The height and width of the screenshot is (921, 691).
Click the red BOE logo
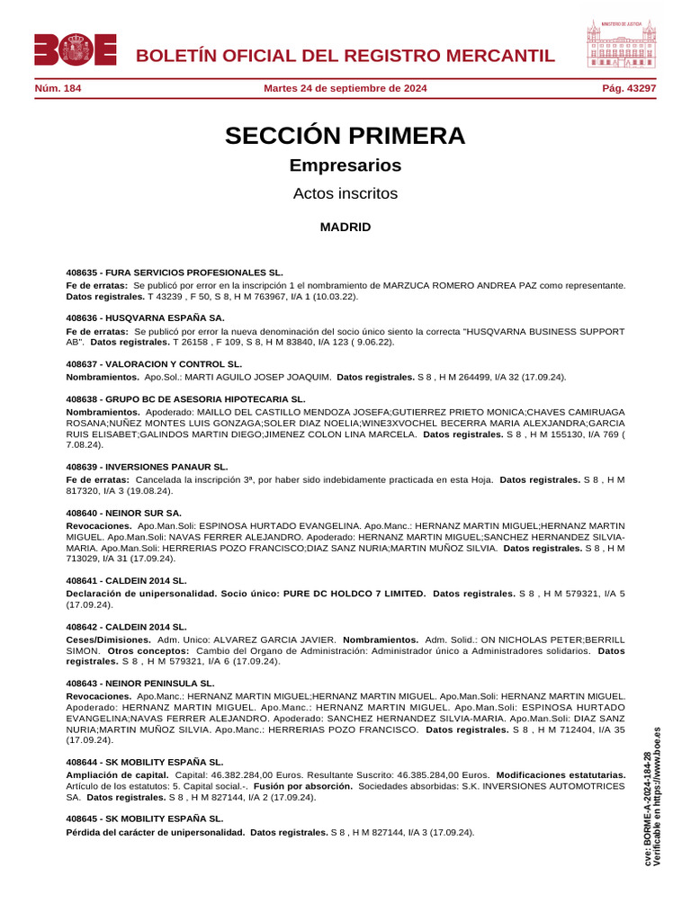76,49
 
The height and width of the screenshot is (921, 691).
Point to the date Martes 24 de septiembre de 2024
345,88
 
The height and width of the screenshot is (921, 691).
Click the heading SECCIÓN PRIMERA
345,136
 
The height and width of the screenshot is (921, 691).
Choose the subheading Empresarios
345,165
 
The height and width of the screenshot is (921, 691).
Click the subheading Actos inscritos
345,193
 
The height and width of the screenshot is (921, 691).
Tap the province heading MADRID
345,228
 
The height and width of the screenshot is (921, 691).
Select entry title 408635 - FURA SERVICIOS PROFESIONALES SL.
175,272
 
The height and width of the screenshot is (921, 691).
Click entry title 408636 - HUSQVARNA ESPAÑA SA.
146,317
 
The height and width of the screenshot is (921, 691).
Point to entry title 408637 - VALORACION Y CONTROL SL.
155,363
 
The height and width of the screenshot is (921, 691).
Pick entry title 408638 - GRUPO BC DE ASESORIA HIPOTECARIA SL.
186,398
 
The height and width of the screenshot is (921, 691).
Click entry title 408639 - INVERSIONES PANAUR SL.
148,467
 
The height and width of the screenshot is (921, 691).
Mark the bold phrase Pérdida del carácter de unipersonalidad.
156,832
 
